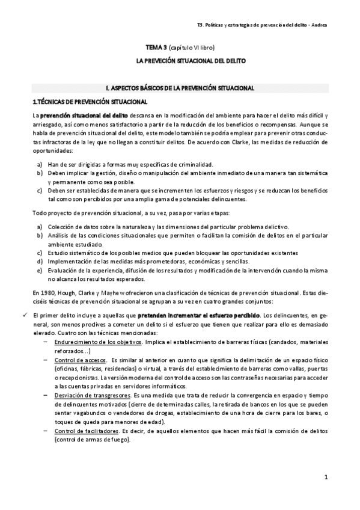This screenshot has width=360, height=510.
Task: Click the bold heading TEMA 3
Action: pyautogui.click(x=157, y=46)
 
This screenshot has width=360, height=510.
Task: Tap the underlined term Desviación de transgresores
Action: pyautogui.click(x=90, y=397)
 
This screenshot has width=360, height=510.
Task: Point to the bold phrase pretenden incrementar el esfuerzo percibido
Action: pyautogui.click(x=198, y=315)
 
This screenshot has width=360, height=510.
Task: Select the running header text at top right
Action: pyautogui.click(x=262, y=25)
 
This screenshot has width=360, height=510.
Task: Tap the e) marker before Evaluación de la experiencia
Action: pyautogui.click(x=39, y=271)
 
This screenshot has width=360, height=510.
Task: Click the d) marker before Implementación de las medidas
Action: pyautogui.click(x=39, y=262)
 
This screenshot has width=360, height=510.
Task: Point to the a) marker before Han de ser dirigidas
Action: pyautogui.click(x=39, y=164)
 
